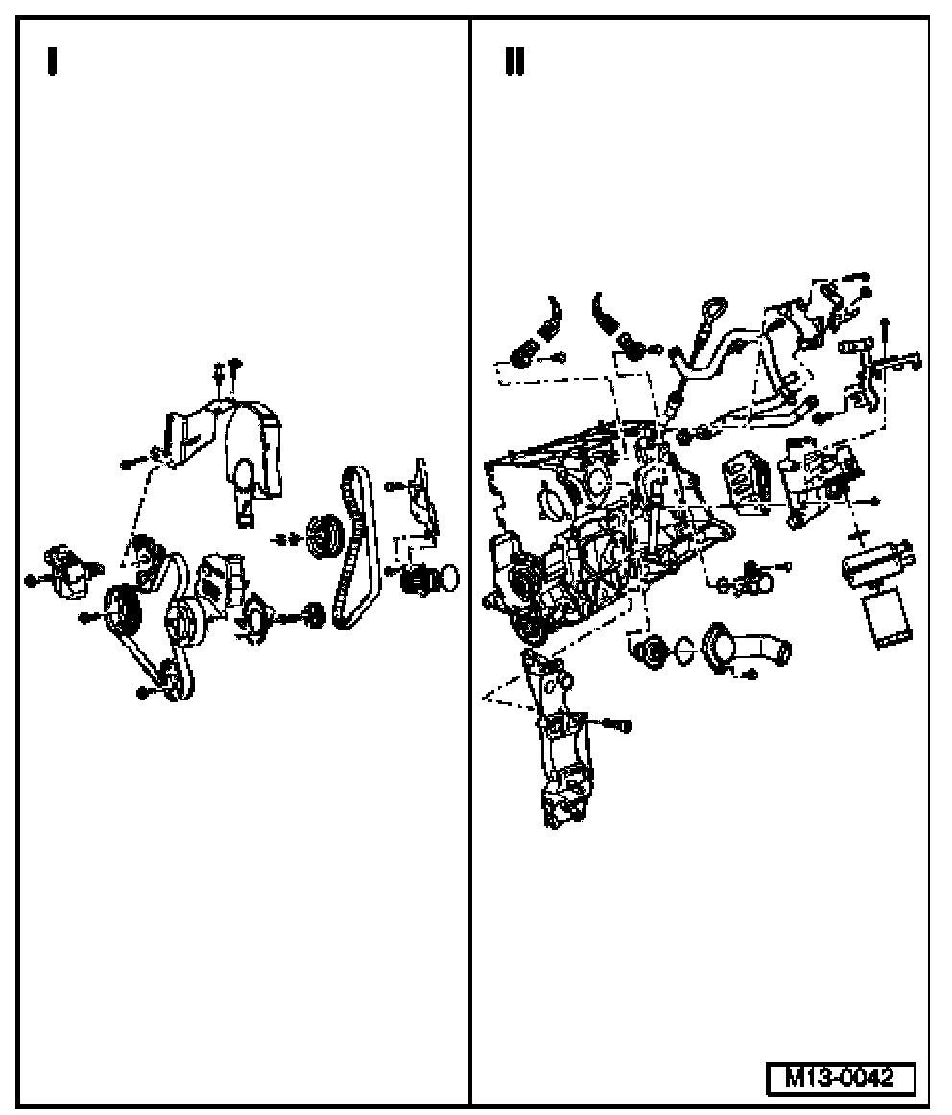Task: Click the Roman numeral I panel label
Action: pyautogui.click(x=52, y=60)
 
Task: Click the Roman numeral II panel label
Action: pyautogui.click(x=514, y=60)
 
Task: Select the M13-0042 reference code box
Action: pyautogui.click(x=841, y=1078)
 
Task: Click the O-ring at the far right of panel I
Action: pyautogui.click(x=449, y=578)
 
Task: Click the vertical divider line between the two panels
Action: pyautogui.click(x=469, y=561)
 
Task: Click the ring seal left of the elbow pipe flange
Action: pyautogui.click(x=682, y=650)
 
